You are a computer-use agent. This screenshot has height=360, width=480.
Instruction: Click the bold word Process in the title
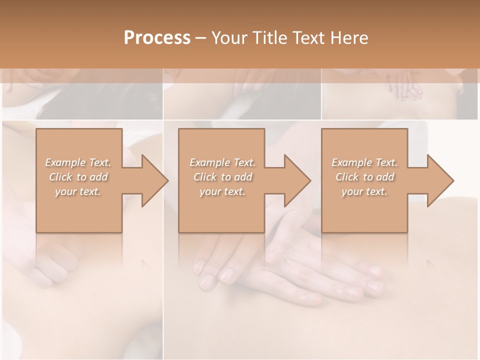click(157, 38)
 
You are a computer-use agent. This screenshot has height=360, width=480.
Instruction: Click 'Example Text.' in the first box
click(78, 162)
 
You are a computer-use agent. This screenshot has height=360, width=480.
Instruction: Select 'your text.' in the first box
click(78, 191)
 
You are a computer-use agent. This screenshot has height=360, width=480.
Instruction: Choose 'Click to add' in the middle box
click(222, 177)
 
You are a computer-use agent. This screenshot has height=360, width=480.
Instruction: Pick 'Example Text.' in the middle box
click(222, 162)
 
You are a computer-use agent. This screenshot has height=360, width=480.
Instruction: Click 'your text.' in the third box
click(364, 191)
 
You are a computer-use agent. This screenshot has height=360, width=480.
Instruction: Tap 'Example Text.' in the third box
click(364, 162)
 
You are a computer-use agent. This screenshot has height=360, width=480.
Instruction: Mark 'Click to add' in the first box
click(78, 177)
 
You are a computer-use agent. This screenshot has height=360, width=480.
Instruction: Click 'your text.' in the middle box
click(222, 191)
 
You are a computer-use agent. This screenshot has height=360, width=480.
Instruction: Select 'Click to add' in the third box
click(364, 177)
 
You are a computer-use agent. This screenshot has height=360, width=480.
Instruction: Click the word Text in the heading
click(307, 38)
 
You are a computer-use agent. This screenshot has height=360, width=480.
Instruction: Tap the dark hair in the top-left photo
click(75, 102)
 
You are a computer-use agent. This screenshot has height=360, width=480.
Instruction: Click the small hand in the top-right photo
click(405, 85)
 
